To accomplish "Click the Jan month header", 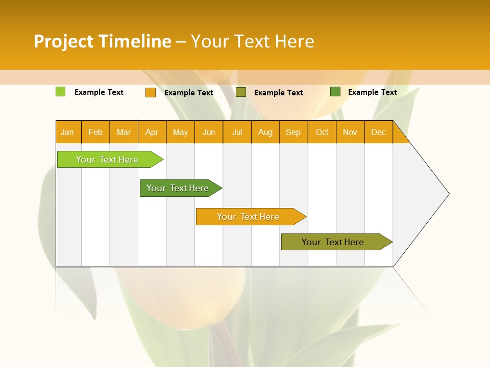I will [68, 132].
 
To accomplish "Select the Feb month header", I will [95, 132].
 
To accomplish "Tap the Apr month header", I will [152, 132].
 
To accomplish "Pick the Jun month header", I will [209, 132].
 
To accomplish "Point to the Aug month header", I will [265, 132].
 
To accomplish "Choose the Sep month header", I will [293, 132].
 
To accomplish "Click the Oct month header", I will [322, 132].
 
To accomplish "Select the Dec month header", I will [379, 132].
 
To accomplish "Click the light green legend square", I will [61, 92].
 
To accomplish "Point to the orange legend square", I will [151, 92].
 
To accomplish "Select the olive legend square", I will [241, 92].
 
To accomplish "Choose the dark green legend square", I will [335, 92].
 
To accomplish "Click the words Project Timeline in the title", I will [103, 41].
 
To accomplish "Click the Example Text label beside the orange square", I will [189, 93].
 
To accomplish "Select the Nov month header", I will [350, 132].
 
